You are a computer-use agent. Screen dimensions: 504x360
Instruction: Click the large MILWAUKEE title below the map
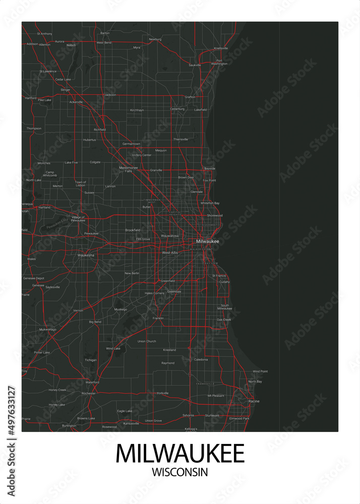(x=180, y=454)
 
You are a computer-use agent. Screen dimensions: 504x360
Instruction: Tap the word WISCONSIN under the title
(x=180, y=472)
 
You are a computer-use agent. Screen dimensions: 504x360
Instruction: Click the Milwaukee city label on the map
(x=208, y=241)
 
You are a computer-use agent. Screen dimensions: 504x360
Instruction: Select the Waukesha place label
(x=86, y=256)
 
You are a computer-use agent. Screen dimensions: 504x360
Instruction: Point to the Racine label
(x=254, y=401)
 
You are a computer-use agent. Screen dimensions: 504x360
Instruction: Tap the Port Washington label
(x=219, y=62)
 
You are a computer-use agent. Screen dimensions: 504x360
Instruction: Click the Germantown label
(x=131, y=144)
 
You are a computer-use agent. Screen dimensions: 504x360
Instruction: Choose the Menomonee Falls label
(x=128, y=169)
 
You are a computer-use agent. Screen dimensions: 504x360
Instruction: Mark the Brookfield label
(x=133, y=230)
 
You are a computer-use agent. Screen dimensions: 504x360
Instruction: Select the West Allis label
(x=170, y=253)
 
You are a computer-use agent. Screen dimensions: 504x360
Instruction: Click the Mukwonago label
(x=48, y=329)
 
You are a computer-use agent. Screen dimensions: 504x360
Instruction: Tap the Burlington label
(x=69, y=426)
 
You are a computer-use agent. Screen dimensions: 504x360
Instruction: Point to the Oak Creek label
(x=224, y=320)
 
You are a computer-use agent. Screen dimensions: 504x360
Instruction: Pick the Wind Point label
(x=260, y=371)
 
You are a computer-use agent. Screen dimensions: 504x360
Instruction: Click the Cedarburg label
(x=177, y=109)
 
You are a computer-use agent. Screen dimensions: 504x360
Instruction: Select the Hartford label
(x=31, y=98)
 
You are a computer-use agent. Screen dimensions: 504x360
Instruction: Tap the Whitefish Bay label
(x=210, y=203)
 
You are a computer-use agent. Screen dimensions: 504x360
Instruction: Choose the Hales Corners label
(x=154, y=293)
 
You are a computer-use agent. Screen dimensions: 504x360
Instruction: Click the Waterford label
(x=92, y=383)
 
